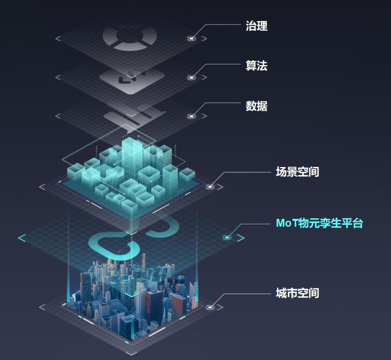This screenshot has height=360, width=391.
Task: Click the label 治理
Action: point(257,26)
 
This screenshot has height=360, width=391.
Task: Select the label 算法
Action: point(257,66)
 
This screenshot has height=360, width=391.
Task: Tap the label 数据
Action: point(257,106)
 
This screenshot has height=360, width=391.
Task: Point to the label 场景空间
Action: point(297,172)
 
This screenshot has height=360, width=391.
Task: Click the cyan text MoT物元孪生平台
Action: point(319,223)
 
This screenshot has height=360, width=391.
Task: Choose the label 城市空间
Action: point(297,293)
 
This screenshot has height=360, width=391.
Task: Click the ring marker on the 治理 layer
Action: point(192,39)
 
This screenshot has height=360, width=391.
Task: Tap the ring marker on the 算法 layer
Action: point(192,78)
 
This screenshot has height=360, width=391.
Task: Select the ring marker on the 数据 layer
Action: point(192,116)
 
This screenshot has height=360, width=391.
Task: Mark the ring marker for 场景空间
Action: point(210,187)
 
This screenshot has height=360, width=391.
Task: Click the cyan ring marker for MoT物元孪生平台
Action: point(227,238)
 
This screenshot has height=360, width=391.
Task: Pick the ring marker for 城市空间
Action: point(210,308)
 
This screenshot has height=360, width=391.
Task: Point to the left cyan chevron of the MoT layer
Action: point(22,238)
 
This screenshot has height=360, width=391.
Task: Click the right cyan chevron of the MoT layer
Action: point(241,238)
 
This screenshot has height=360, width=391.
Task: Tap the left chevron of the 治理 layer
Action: point(58,39)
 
